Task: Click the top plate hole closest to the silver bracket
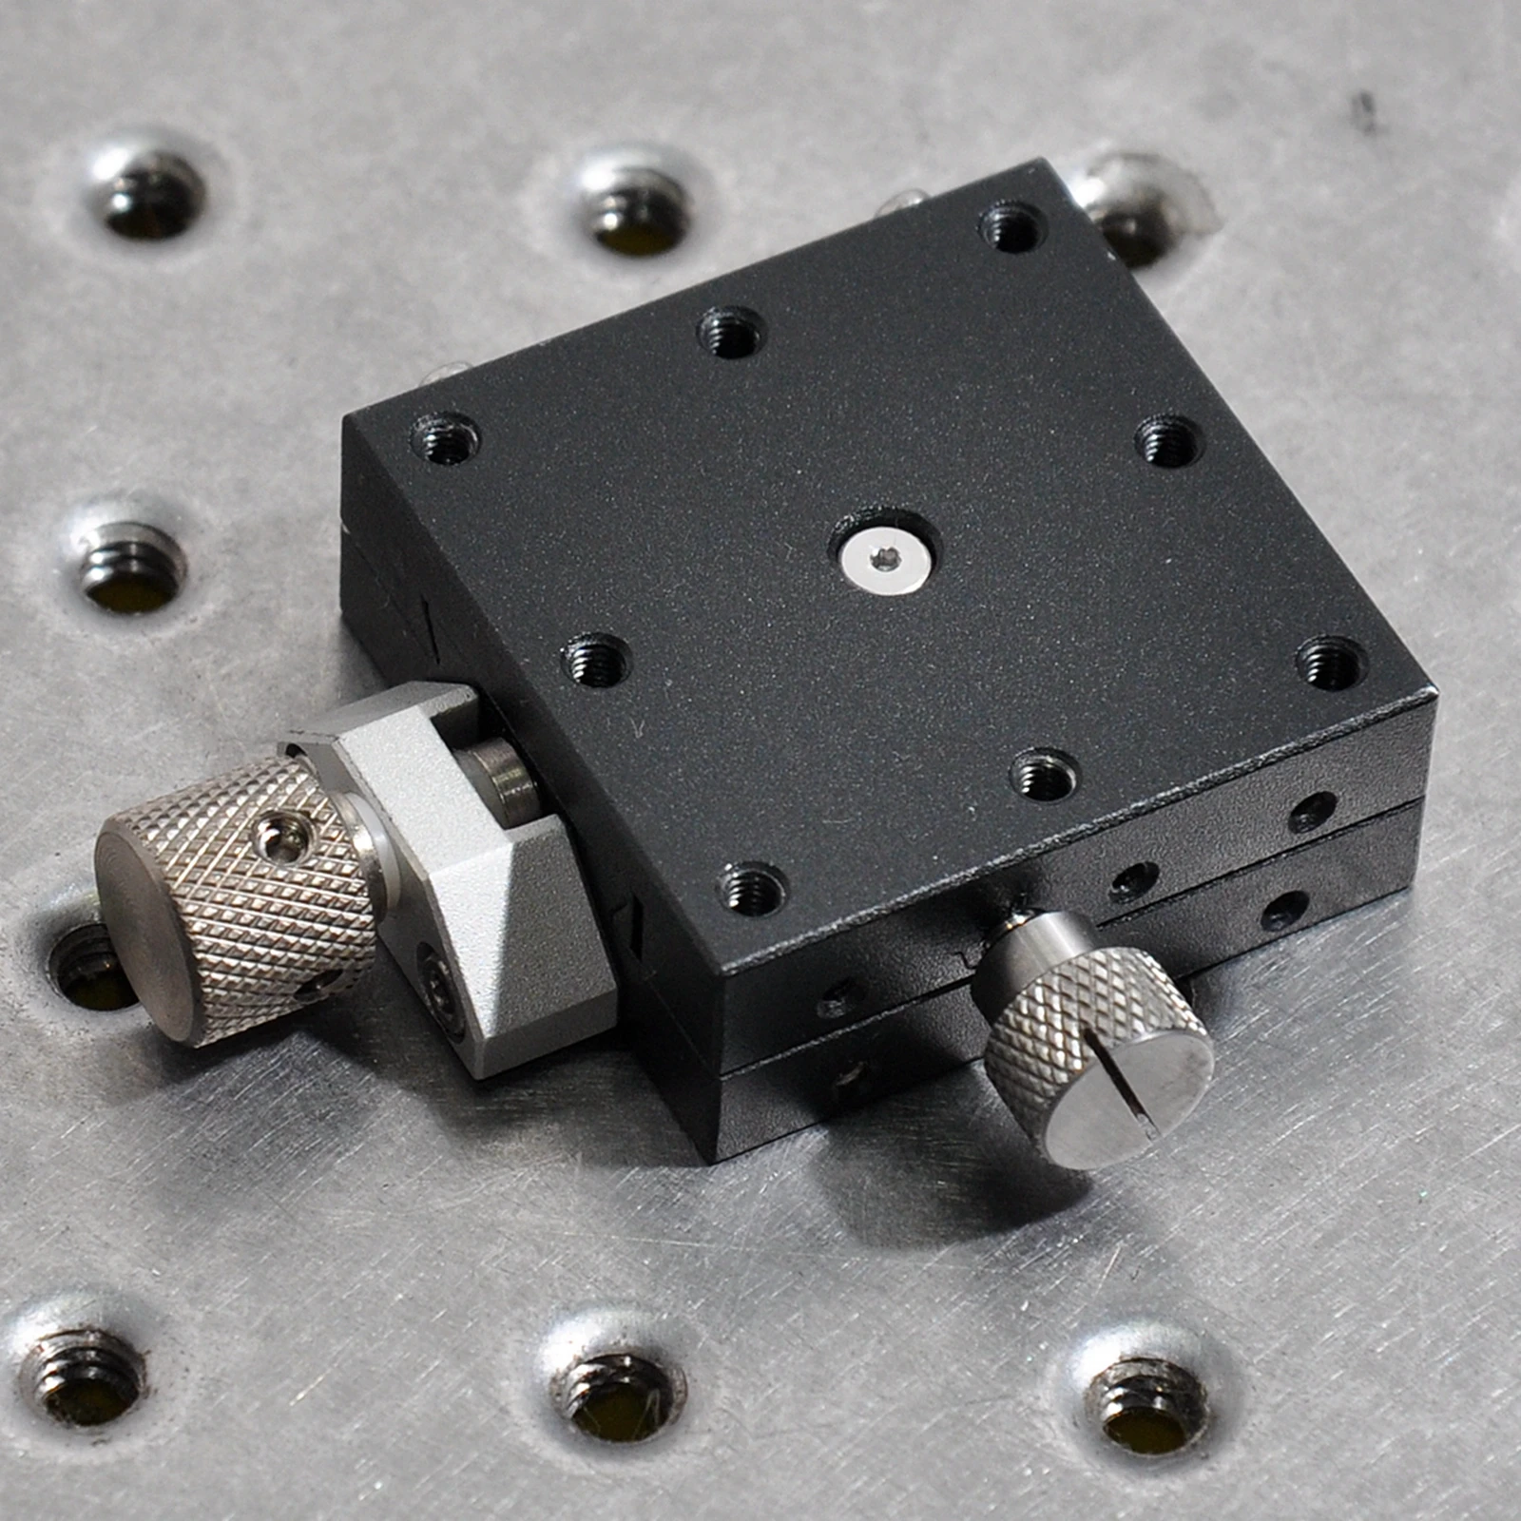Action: [x=596, y=661]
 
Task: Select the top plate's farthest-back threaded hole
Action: [x=1012, y=225]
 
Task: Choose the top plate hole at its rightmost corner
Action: [x=1331, y=661]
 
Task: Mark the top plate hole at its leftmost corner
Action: [x=445, y=440]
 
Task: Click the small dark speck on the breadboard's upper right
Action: [x=1366, y=110]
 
